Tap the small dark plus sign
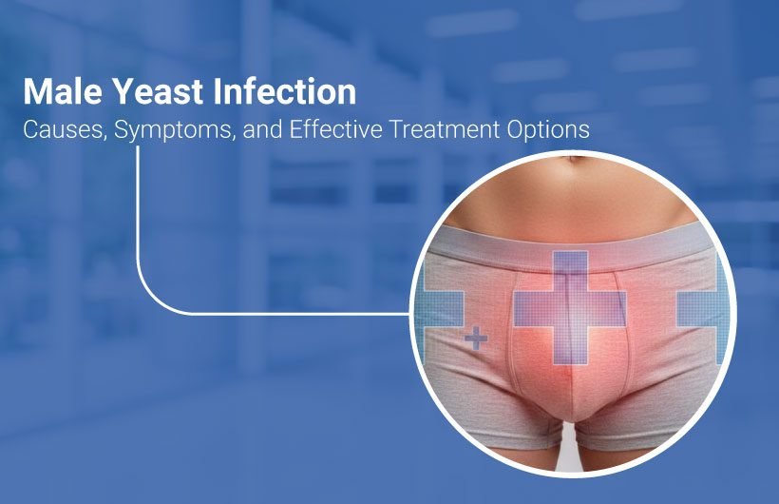point(477,338)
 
